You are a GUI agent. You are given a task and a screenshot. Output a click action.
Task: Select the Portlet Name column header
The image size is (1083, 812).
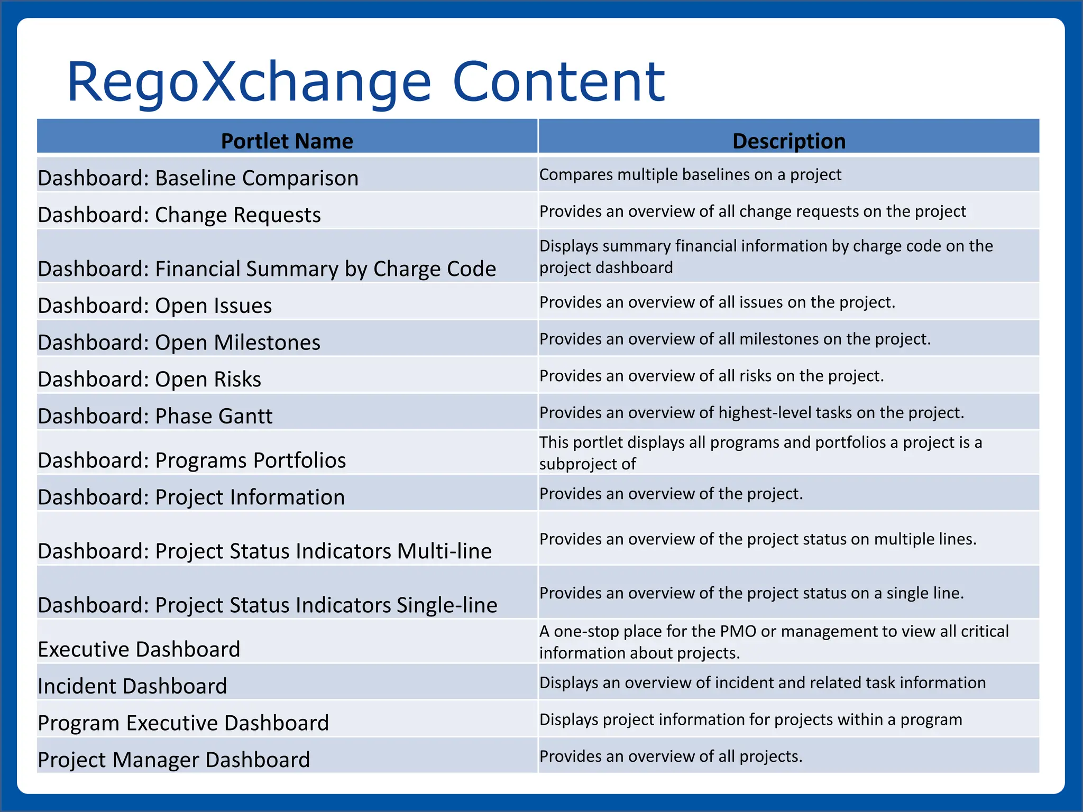287,141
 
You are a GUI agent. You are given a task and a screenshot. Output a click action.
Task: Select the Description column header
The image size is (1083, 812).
788,141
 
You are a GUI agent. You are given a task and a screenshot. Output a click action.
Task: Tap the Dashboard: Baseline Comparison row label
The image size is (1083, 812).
198,178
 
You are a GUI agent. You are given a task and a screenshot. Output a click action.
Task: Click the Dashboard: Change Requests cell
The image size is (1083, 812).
179,215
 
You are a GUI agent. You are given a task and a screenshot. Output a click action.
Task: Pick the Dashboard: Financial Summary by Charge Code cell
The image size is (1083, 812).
267,269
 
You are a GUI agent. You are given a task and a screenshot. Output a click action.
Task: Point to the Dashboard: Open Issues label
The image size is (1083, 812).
155,306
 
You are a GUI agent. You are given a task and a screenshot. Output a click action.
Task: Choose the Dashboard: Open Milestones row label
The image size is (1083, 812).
179,343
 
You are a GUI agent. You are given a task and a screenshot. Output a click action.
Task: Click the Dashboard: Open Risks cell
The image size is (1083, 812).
150,380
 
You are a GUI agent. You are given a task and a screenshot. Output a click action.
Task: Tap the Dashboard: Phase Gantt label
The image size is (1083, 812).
155,417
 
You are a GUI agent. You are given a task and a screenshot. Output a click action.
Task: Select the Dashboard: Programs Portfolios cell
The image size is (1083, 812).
192,460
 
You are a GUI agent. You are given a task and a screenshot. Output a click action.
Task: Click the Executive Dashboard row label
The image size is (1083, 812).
139,650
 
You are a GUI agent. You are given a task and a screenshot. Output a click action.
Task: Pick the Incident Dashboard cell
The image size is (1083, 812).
132,686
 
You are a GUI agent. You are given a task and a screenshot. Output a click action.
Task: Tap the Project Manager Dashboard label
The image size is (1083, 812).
174,760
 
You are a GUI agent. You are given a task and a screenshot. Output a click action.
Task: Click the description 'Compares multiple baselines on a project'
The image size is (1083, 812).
690,174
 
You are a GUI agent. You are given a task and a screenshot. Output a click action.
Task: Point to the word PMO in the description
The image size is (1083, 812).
739,631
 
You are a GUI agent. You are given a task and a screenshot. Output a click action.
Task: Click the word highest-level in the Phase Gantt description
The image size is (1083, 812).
765,412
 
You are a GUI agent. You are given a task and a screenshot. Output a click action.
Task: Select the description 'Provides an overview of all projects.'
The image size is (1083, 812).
671,756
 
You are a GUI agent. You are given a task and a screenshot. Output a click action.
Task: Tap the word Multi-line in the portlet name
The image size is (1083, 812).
444,551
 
